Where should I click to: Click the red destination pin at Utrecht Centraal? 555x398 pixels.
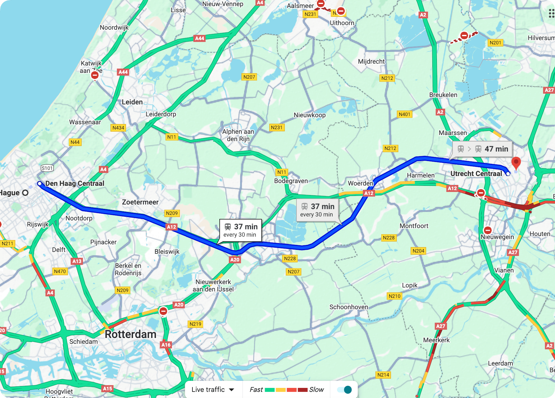click(516, 162)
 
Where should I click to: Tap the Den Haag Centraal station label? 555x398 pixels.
click(75, 183)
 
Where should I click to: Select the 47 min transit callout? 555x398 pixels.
click(482, 149)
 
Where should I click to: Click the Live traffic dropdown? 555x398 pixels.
click(213, 389)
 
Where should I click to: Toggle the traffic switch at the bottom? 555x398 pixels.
click(344, 389)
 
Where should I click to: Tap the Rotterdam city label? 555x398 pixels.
click(131, 334)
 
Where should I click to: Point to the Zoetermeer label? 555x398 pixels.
click(140, 202)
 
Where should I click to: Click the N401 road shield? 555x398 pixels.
click(404, 114)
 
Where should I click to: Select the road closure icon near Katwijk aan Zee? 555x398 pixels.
click(95, 75)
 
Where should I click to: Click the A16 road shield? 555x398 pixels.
click(166, 345)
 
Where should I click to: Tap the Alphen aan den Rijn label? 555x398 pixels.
click(238, 135)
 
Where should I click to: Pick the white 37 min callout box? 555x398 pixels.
click(241, 230)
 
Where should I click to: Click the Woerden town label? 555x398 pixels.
click(360, 183)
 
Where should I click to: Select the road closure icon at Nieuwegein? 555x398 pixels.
click(488, 230)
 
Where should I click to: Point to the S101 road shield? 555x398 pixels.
click(47, 168)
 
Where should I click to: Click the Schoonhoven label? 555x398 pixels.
click(348, 307)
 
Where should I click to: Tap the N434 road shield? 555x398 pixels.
click(118, 128)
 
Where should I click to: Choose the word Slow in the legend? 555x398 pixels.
click(316, 389)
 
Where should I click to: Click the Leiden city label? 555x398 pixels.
click(132, 102)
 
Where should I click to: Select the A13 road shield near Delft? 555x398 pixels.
click(77, 261)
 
